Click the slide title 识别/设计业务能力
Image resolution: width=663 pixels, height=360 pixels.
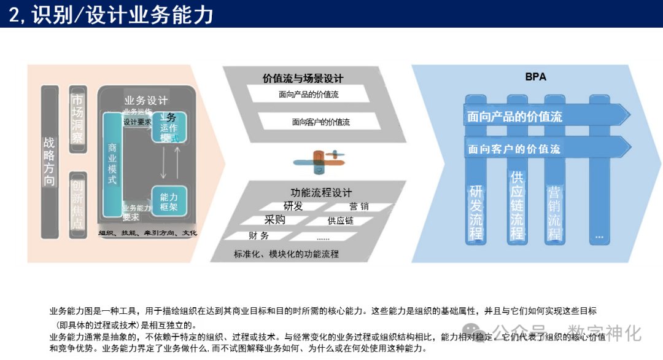[x=110, y=14]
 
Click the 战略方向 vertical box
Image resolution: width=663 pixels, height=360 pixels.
[x=50, y=161]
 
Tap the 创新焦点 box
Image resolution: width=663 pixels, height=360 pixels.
[x=77, y=205]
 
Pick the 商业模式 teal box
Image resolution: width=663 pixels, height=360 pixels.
[x=112, y=164]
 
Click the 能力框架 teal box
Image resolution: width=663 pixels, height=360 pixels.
[x=169, y=202]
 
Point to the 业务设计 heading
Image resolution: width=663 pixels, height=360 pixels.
[x=146, y=101]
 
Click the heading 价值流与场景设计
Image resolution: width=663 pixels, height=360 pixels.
[x=303, y=78]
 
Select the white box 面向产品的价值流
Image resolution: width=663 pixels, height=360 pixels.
[x=308, y=95]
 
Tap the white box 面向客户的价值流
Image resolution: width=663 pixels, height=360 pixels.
[x=320, y=122]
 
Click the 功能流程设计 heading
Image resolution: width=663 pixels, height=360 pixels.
[x=321, y=192]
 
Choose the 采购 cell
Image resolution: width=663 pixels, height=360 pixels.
[x=274, y=220]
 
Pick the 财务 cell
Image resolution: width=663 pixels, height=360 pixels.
[x=258, y=235]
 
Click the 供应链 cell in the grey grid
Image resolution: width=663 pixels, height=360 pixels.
[x=341, y=221]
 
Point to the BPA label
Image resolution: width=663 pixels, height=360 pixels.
[x=535, y=77]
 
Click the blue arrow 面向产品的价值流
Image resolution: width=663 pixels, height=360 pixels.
[x=514, y=116]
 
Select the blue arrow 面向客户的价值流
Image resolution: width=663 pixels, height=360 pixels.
[x=514, y=149]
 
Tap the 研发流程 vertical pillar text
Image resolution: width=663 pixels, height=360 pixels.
[x=476, y=212]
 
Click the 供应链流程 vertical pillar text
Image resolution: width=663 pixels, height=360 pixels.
[x=517, y=205]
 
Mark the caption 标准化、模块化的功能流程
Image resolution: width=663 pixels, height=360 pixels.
[x=286, y=253]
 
